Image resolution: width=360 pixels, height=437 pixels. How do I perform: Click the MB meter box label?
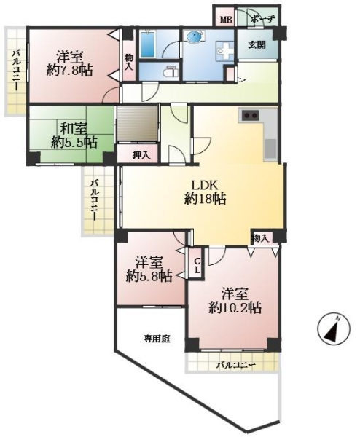pos(225,20)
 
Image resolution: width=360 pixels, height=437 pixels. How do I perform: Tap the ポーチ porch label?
pos(263,20)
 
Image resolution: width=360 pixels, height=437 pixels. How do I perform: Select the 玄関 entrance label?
pos(257,45)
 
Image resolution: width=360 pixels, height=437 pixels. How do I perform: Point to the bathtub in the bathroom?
pos(147,44)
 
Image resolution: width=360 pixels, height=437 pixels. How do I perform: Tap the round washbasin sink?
pos(195,37)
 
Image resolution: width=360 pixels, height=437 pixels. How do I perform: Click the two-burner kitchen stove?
pos(250,115)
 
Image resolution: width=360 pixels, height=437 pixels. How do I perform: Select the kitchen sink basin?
pos(270,149)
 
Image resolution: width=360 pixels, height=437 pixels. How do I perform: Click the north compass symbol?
pos(334,330)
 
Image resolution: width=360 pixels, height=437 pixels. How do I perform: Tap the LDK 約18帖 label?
pos(205,192)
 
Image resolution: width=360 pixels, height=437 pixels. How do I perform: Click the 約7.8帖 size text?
pos(69,71)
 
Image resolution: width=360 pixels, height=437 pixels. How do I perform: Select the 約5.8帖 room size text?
pos(149,277)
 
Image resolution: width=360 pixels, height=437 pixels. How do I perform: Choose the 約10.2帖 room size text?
pos(235,308)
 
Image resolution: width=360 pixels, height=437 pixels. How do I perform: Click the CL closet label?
pos(197,265)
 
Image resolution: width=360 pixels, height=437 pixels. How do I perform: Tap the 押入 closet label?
pos(141,155)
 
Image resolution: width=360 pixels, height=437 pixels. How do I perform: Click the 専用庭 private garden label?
pos(157,339)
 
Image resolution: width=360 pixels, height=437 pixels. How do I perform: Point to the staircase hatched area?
pos(137,124)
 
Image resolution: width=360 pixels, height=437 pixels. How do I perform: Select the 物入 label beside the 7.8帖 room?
pos(129,61)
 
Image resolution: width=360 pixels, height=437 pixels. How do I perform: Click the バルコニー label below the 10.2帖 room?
pos(236,365)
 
